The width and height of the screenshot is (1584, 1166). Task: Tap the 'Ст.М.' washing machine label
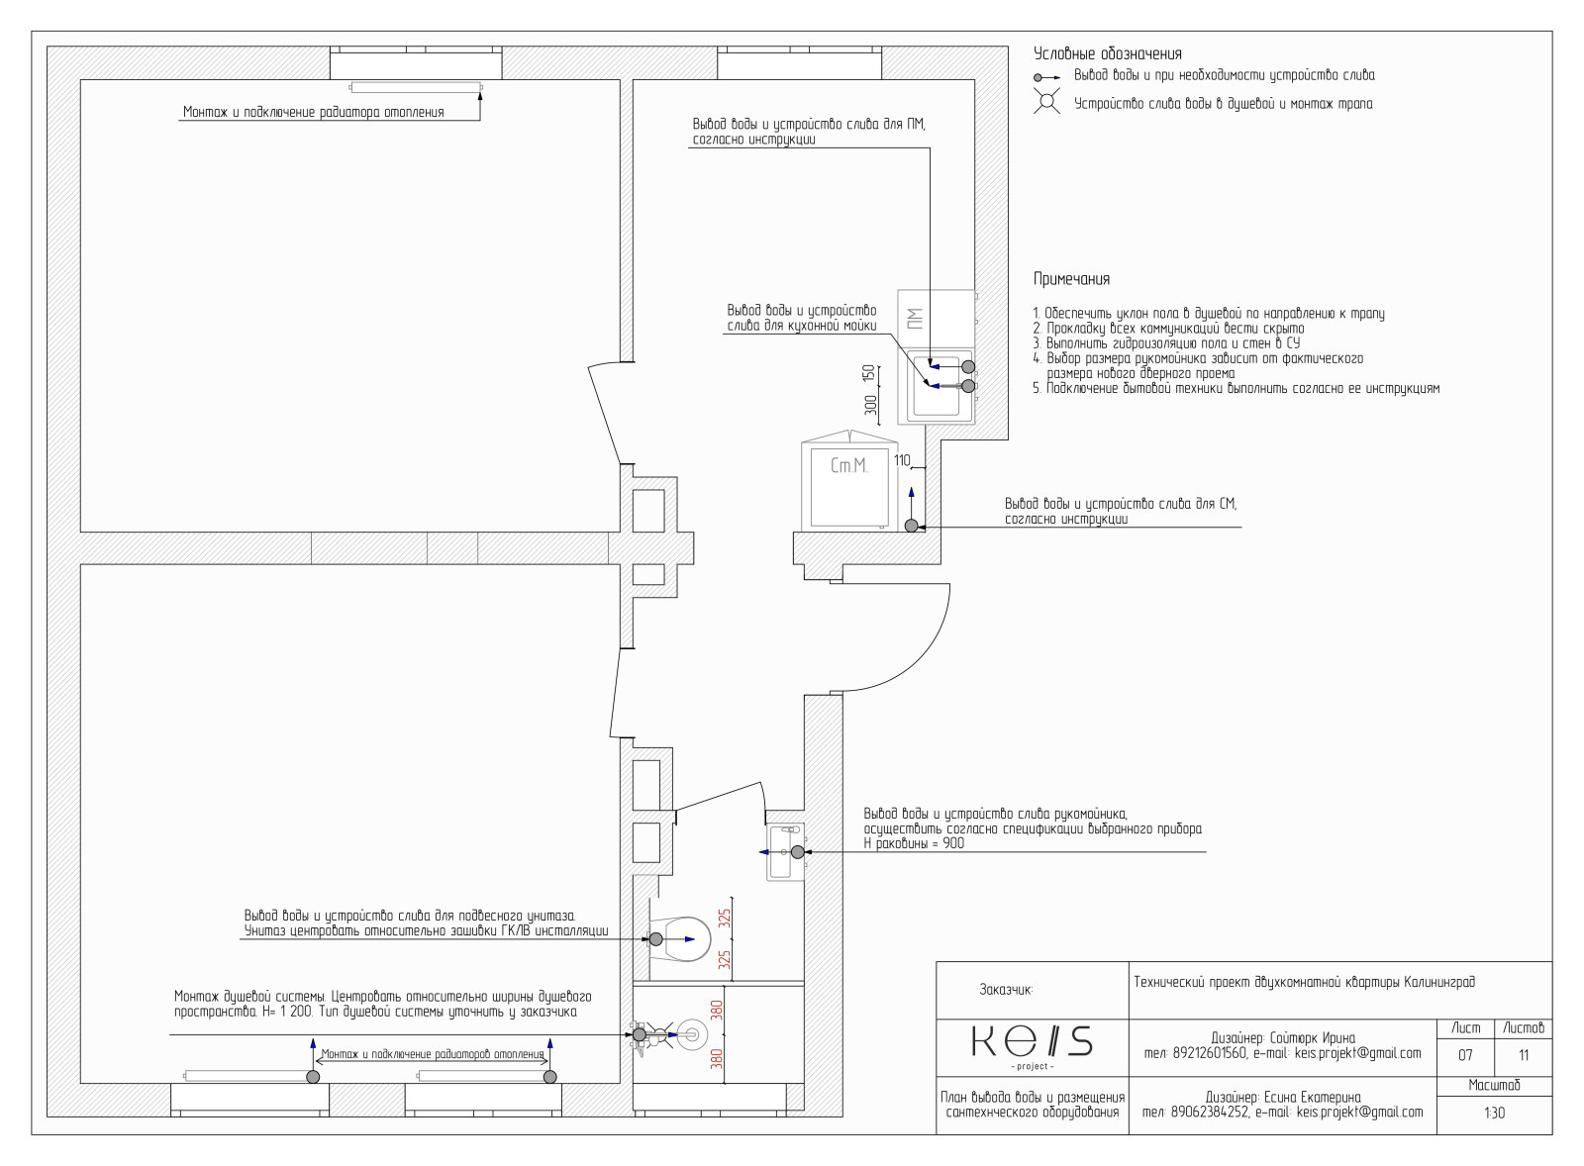click(x=848, y=466)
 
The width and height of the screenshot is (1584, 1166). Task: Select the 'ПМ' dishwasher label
click(x=915, y=319)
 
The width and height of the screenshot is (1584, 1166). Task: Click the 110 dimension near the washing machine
click(x=902, y=460)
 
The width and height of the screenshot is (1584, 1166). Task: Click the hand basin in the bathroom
click(x=786, y=852)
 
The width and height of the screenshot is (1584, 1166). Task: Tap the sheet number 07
click(x=1465, y=1056)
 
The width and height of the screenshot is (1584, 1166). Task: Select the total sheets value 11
click(x=1524, y=1056)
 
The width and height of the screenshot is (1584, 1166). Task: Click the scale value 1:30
click(x=1494, y=1113)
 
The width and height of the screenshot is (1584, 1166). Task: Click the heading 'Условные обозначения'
click(x=1108, y=53)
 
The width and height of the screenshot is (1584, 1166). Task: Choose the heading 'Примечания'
click(x=1071, y=278)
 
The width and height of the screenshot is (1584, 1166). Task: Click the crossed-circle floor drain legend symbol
click(x=1046, y=101)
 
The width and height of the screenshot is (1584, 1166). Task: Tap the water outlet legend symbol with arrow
click(x=1046, y=77)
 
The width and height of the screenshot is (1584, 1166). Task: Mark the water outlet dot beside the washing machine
click(x=912, y=526)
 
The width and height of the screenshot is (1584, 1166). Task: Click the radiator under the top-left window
click(x=416, y=87)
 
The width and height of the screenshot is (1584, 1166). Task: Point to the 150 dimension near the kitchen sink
click(x=869, y=374)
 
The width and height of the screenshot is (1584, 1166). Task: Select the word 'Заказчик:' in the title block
click(x=1006, y=990)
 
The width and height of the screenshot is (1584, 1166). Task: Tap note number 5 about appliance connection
click(x=1236, y=388)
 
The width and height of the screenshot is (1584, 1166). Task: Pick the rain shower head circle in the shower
click(x=692, y=1034)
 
